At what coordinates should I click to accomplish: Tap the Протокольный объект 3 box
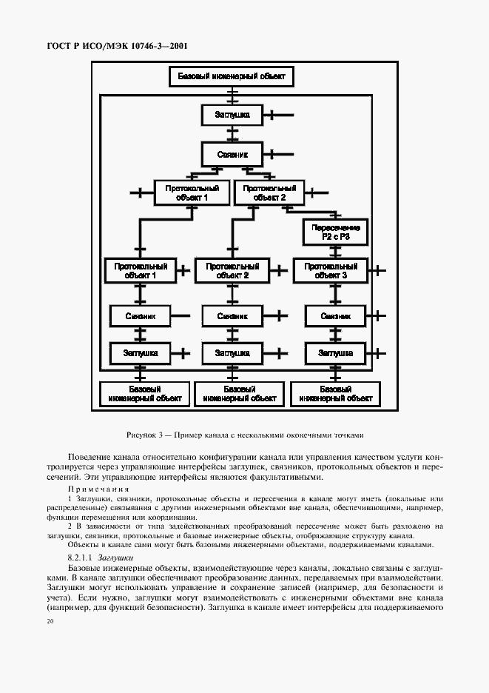tap(330, 270)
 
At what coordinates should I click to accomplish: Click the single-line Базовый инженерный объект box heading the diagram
tap(232, 76)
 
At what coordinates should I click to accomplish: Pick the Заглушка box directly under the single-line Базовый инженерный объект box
tap(232, 115)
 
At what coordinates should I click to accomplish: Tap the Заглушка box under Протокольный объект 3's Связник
tap(334, 353)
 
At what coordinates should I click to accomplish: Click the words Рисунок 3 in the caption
tap(145, 435)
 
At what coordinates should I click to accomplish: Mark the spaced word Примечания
tap(98, 489)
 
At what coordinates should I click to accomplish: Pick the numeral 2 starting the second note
tap(70, 526)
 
